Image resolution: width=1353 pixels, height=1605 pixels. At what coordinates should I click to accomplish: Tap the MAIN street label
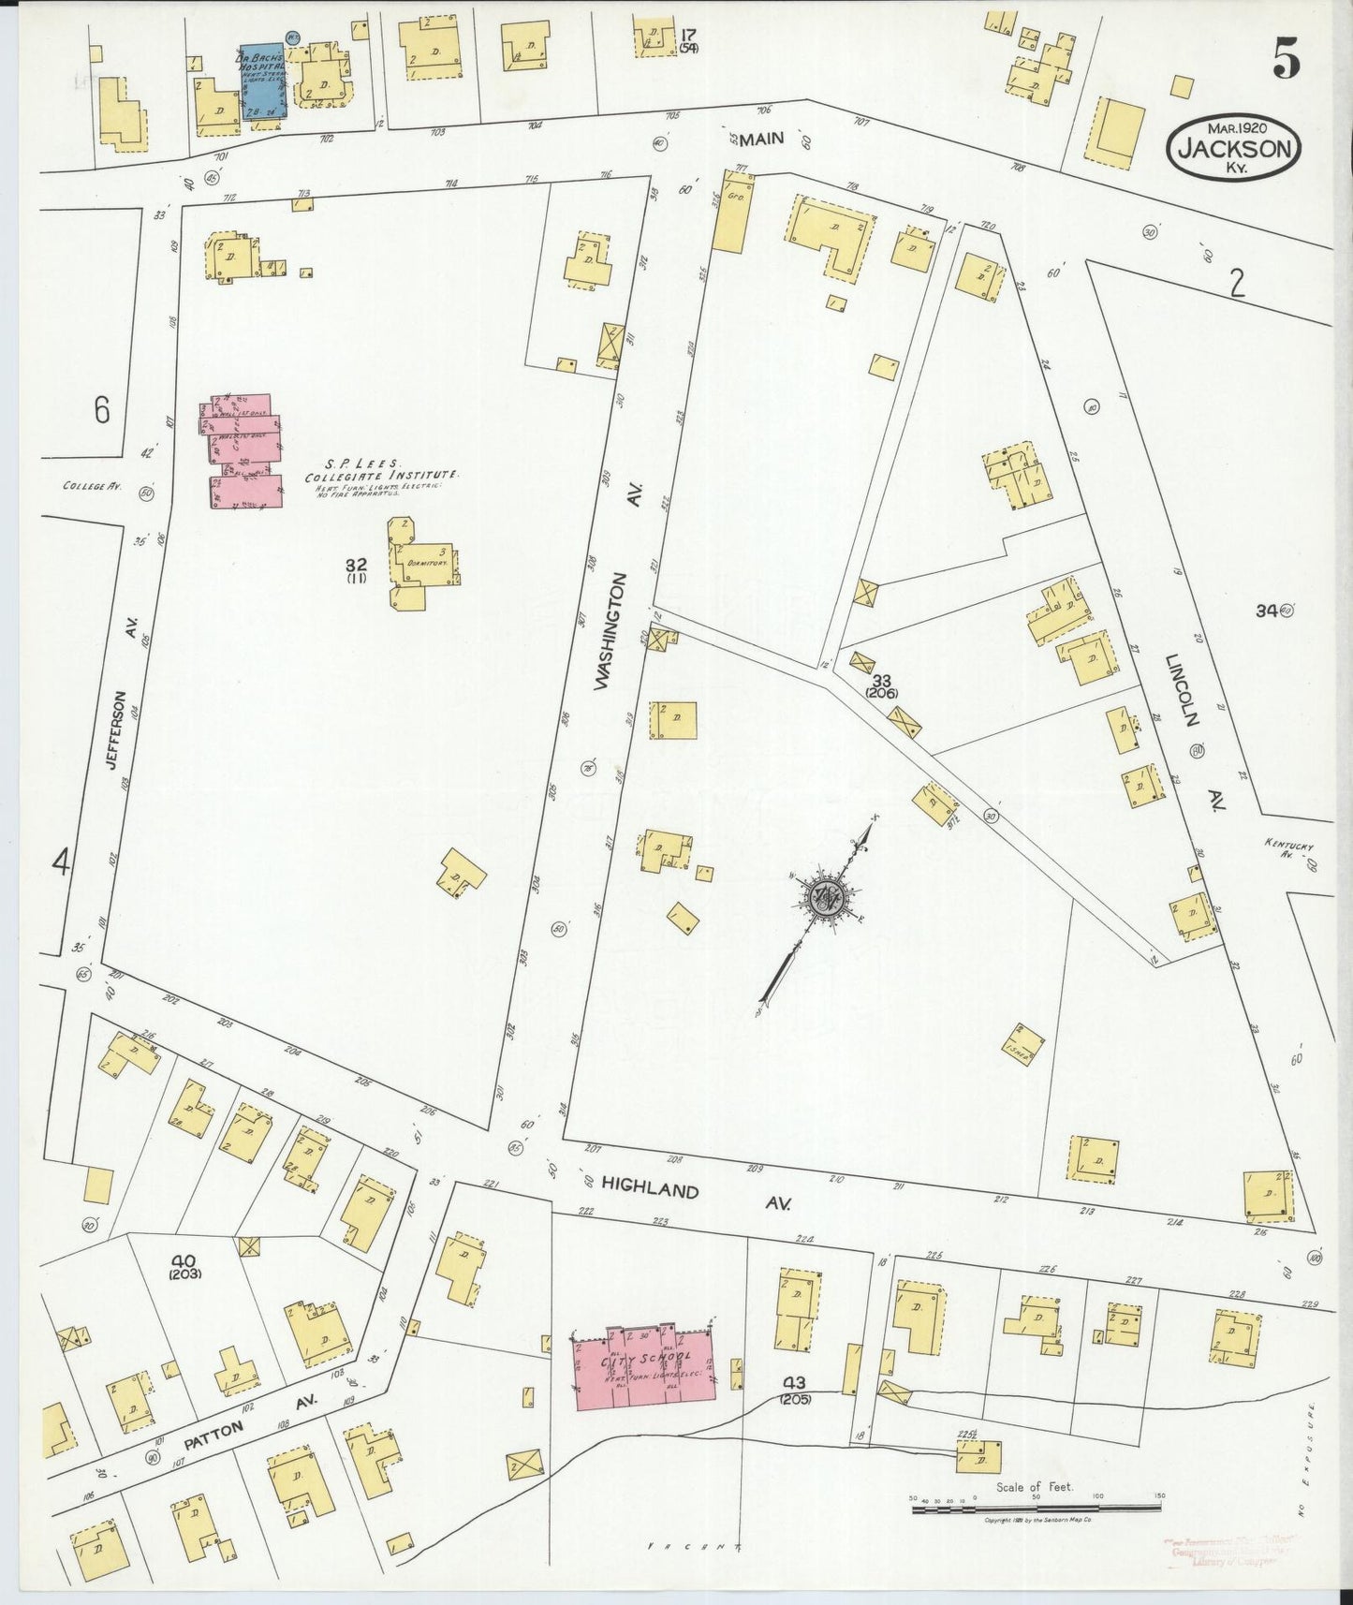761,140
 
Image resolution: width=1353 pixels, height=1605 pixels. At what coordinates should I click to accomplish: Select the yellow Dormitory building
424,564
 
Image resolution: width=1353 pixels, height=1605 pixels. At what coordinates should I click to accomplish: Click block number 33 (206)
881,685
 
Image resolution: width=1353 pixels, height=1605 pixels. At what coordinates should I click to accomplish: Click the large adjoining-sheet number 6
101,410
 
